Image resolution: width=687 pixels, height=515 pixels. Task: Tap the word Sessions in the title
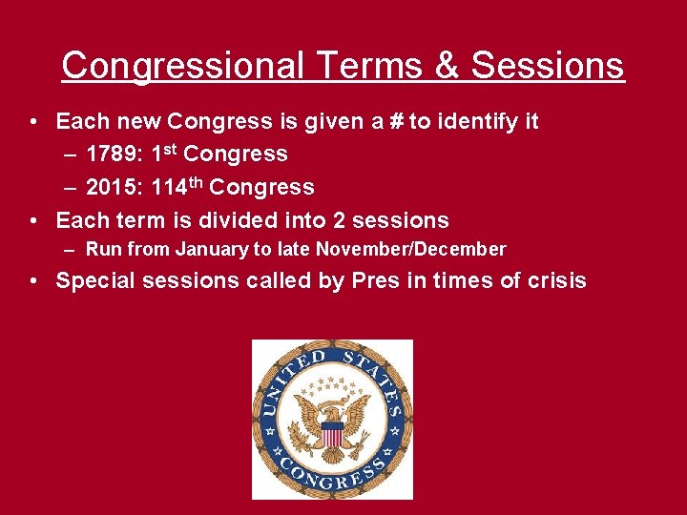click(x=548, y=66)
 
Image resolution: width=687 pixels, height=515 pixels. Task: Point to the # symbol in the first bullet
click(x=394, y=122)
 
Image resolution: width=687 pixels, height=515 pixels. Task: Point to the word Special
click(x=95, y=280)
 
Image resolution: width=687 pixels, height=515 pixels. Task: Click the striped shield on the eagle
click(x=331, y=434)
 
